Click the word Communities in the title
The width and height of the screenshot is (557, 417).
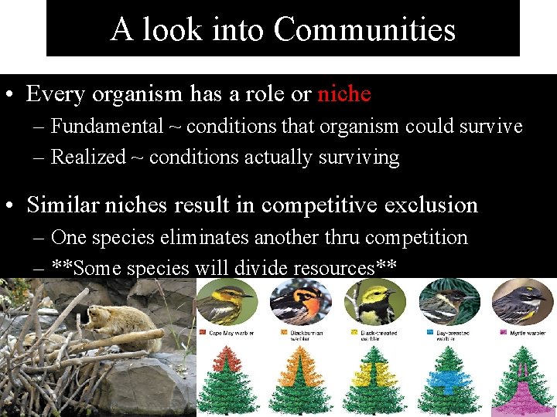pos(364,29)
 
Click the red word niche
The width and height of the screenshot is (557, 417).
pos(344,94)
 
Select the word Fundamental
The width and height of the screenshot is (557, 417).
pos(107,126)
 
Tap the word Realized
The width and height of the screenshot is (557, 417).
pos(87,157)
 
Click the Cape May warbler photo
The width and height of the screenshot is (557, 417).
pos(226,302)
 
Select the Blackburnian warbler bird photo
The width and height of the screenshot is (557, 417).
pos(300,302)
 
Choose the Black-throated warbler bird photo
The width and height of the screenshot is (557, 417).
pos(374,302)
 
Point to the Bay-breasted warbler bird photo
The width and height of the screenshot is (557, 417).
pos(449,302)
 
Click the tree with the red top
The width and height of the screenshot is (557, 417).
pos(226,378)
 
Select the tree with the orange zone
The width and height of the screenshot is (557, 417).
pos(300,378)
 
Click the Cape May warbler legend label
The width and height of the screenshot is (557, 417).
pos(231,333)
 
